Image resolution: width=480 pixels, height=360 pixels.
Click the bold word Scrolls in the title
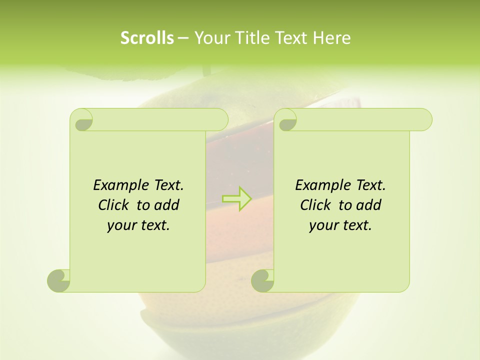point(147,38)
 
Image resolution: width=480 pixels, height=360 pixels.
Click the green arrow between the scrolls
point(237,198)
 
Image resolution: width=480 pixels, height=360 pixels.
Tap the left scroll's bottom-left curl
point(59,280)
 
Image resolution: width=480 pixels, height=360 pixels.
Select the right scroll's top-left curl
point(287,120)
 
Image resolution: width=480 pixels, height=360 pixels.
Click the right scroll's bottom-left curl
point(262,280)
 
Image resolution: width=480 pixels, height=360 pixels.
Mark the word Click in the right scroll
point(315,205)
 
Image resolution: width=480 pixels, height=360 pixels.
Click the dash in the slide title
point(183,38)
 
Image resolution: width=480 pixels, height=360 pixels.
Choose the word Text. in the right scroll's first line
point(370,185)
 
